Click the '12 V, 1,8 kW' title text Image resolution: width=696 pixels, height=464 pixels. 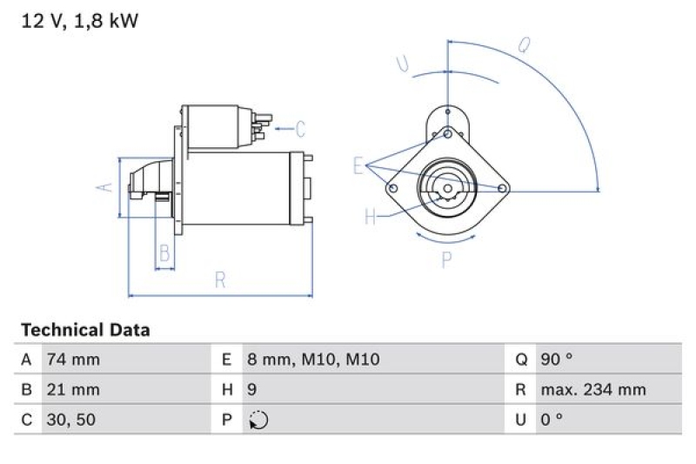tap(79, 22)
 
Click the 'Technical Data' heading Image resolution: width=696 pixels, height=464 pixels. tap(85, 330)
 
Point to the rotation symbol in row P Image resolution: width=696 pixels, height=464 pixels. tap(258, 420)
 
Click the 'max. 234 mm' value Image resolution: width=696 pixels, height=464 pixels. tap(592, 389)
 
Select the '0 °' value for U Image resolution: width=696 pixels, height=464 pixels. tap(552, 420)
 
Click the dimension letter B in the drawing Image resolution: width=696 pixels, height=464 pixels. tap(164, 253)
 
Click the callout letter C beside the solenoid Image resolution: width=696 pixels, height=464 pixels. tap(300, 130)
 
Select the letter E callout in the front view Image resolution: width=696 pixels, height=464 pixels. tap(358, 165)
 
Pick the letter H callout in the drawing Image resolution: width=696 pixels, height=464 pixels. tap(370, 217)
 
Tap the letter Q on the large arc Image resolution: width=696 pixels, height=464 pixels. tap(524, 45)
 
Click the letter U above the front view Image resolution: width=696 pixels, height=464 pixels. tap(403, 63)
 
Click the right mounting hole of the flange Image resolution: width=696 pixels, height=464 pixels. tap(502, 188)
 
